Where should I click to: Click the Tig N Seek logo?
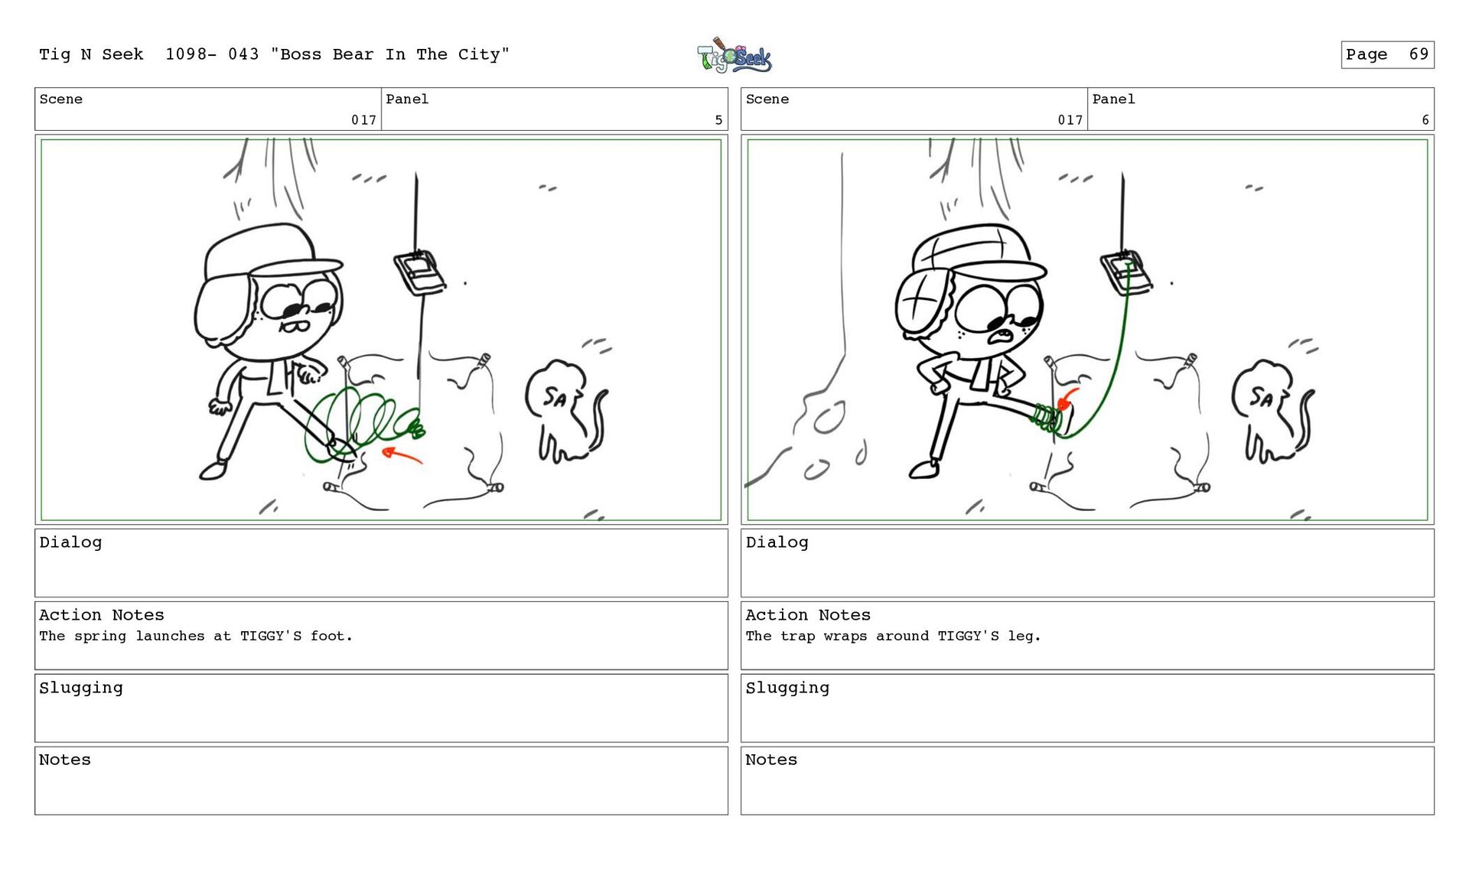pyautogui.click(x=734, y=56)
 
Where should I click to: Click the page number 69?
pyautogui.click(x=1419, y=54)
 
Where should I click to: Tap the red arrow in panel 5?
pyautogui.click(x=402, y=455)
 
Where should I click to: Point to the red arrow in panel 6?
pyautogui.click(x=1066, y=399)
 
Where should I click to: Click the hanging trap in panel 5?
pyautogui.click(x=419, y=272)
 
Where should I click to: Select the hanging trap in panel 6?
pyautogui.click(x=1125, y=272)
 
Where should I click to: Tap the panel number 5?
pyautogui.click(x=718, y=120)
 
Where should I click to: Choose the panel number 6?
pyautogui.click(x=1425, y=120)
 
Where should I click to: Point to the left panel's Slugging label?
pyautogui.click(x=81, y=688)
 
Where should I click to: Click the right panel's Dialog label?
pyautogui.click(x=777, y=542)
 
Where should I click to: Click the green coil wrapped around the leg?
pyautogui.click(x=1045, y=418)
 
